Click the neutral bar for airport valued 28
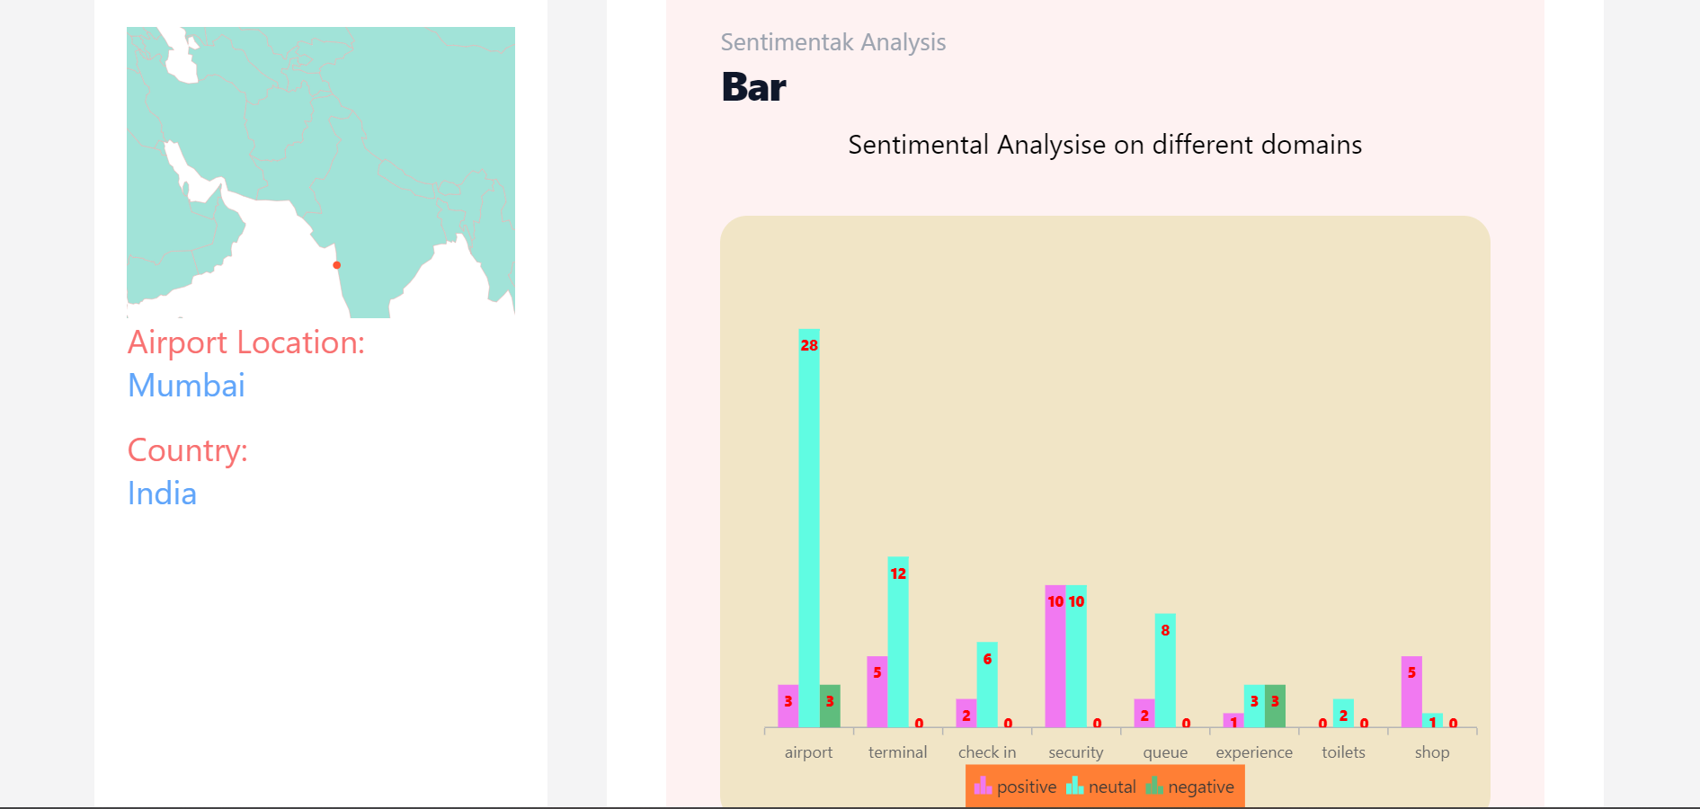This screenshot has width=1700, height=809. click(809, 530)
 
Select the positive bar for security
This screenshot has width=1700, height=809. click(1055, 656)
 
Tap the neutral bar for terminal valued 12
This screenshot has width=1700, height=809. click(898, 643)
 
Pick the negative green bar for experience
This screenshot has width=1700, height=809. click(1275, 707)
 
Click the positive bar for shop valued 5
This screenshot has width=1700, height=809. click(1411, 692)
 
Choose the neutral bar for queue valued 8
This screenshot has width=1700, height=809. click(1165, 671)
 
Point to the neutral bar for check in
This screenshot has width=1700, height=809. click(987, 685)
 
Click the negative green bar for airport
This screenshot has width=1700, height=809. click(830, 707)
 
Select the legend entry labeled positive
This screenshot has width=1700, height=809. click(1016, 787)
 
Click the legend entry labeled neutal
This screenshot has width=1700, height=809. click(1101, 787)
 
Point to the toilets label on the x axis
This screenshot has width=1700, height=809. click(1343, 752)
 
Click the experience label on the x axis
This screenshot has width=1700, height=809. click(1254, 752)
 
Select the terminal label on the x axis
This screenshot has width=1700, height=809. click(897, 752)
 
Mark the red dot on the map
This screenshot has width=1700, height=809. click(337, 265)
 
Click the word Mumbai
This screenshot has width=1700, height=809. click(186, 386)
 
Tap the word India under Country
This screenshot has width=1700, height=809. click(162, 493)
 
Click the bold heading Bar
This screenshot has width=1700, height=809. click(753, 87)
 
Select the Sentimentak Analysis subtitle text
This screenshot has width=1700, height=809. click(832, 42)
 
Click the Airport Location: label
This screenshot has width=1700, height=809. click(246, 342)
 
